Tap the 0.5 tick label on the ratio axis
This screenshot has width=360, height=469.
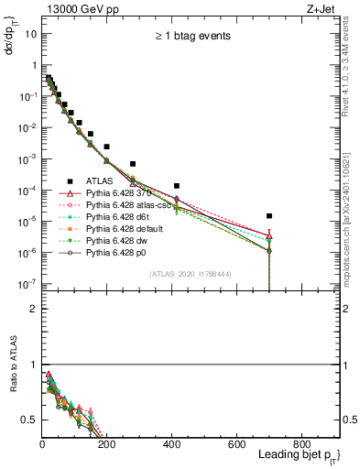[29, 420]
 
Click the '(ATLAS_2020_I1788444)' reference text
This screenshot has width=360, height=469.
[188, 274]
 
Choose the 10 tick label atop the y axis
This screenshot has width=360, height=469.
[31, 34]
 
